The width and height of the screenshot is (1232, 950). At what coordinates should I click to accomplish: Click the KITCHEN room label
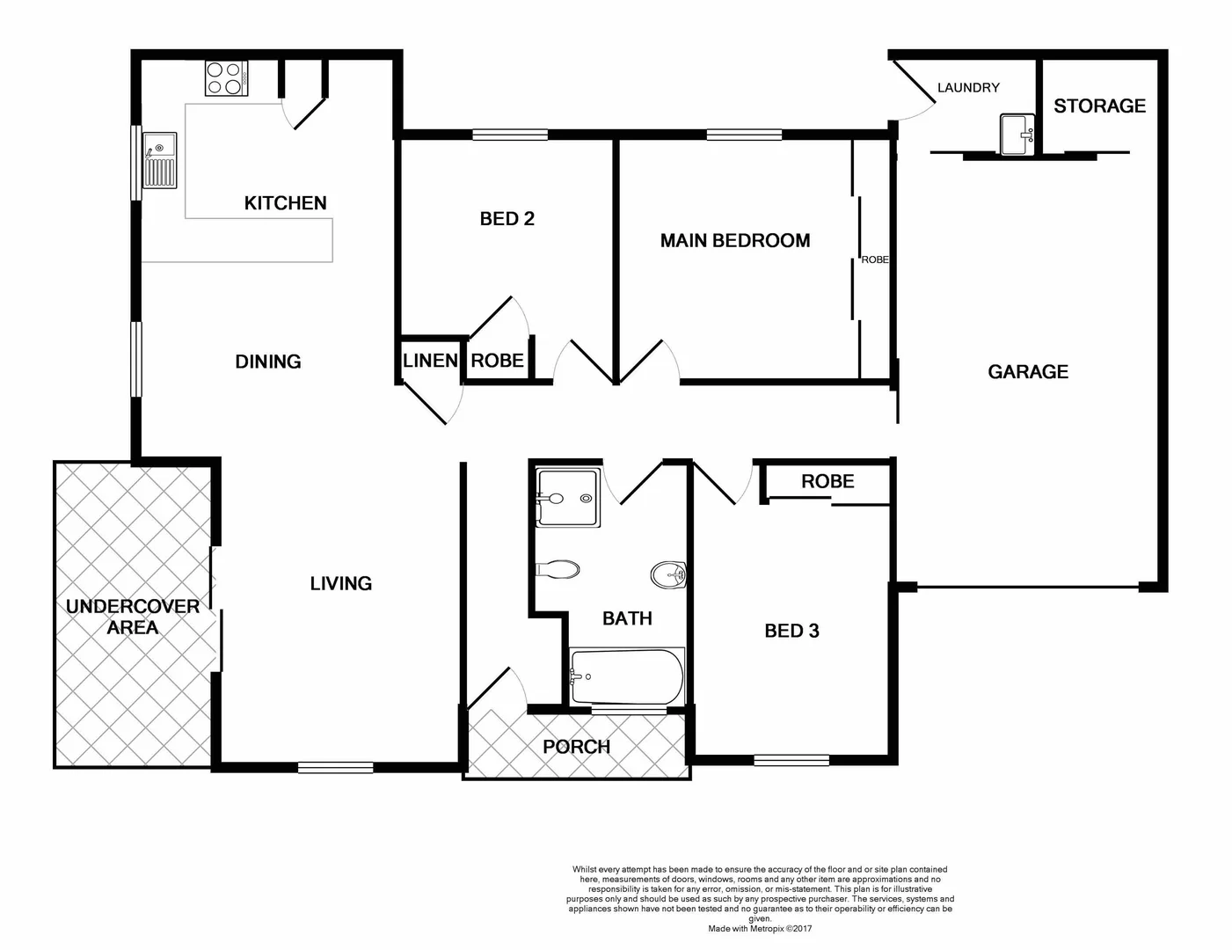285,203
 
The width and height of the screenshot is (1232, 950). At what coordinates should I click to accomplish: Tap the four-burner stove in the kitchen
226,78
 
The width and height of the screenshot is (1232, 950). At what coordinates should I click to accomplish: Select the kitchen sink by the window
160,160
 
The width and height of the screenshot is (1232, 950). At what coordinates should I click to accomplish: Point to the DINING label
267,362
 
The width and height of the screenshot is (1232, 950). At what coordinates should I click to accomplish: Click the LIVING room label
340,583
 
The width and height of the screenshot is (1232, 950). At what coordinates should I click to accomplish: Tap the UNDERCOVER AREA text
133,617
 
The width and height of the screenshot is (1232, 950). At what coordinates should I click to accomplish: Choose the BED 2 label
507,219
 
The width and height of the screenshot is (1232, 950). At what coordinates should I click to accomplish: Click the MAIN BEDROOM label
734,241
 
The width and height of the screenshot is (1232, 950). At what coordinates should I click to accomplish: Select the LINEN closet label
429,361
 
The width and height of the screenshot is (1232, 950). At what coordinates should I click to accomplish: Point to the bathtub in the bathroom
626,676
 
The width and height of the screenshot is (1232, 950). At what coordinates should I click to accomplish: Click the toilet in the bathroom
558,569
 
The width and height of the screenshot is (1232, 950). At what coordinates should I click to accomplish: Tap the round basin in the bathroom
668,575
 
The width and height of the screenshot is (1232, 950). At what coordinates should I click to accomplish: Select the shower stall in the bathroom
568,498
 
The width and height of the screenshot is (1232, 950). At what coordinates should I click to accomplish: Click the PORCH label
576,747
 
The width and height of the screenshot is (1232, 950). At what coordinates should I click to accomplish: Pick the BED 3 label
791,631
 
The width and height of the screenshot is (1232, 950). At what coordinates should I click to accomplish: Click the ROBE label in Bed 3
827,481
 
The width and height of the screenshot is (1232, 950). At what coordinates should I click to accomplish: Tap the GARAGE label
1027,372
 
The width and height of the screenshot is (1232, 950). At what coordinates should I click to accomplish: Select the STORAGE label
1099,106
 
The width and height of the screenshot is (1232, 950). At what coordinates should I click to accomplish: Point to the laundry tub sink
1018,135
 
